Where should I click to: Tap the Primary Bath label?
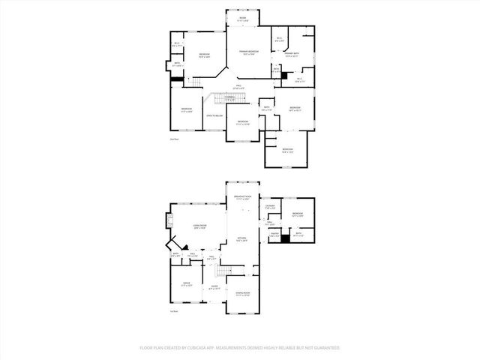pos(292,54)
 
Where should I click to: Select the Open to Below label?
pos(214,115)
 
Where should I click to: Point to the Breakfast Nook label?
pos(242,197)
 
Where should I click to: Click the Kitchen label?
pos(242,239)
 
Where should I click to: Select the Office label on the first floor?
pos(186,283)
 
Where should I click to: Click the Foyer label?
pos(214,286)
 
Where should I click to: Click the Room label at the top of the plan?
pos(243,17)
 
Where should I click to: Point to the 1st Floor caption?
pos(174,311)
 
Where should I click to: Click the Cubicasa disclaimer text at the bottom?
pos(240,348)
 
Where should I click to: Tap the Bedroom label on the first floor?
pos(297,214)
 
